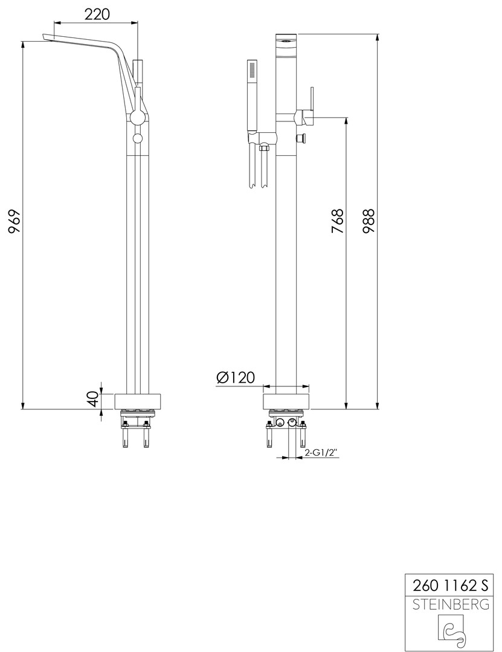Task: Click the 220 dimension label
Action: point(97,14)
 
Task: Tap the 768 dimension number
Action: point(337,221)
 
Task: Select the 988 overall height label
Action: point(368,221)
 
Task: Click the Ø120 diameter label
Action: point(236,377)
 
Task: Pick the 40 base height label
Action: point(94,399)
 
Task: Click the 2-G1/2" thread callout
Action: point(320,453)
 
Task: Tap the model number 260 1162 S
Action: point(449,585)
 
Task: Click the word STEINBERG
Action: point(451,604)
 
